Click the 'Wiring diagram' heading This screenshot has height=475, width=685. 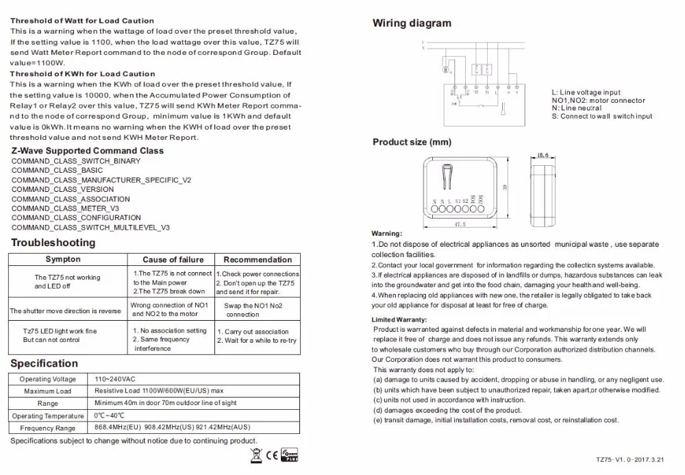pos(412,23)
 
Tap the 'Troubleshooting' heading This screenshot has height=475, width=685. pos(53,243)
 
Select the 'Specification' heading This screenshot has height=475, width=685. pos(45,363)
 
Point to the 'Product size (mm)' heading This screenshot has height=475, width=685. pos(412,143)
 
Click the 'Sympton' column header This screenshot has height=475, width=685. pos(63,260)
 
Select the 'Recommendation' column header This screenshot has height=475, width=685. pos(258,260)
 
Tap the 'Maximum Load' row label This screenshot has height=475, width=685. pos(48,391)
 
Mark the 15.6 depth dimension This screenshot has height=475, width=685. pos(544,156)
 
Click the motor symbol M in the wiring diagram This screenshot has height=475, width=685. pos(447,69)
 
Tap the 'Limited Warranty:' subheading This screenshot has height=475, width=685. pos(399,320)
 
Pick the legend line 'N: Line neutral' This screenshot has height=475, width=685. pos(577,108)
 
